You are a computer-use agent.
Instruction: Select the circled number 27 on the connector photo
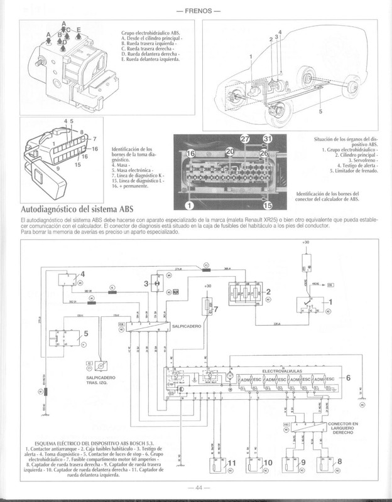[x=246, y=139]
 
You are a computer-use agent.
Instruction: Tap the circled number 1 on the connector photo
[x=188, y=205]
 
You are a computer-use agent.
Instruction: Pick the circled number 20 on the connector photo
[x=230, y=152]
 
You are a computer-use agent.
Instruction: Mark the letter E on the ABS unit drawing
[x=79, y=29]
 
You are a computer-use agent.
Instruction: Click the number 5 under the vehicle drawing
[x=320, y=112]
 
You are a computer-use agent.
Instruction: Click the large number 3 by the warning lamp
[x=147, y=284]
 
